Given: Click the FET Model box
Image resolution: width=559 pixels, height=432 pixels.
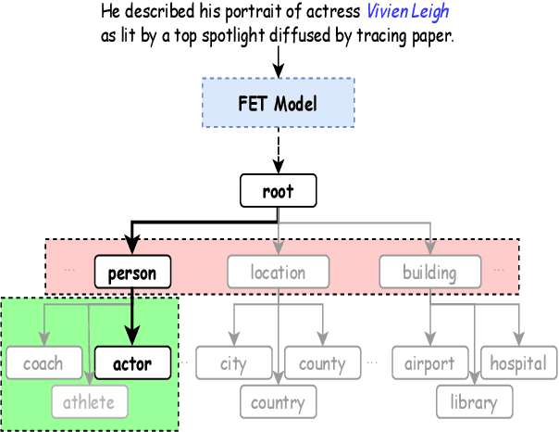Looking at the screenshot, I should tap(278, 102).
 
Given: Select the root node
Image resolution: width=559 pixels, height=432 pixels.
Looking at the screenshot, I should tap(278, 192).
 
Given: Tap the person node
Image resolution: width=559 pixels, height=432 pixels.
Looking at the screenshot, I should tap(132, 273).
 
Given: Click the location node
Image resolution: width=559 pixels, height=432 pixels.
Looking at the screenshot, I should tap(278, 273).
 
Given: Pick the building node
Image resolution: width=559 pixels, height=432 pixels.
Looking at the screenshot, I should tap(429, 273).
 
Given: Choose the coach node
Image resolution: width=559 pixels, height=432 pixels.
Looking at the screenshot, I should tap(43, 363).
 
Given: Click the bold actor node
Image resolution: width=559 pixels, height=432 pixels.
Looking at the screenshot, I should tap(132, 363).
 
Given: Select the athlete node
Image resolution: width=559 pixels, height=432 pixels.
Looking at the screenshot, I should tap(89, 401).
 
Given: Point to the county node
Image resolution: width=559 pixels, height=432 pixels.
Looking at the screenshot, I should tap(322, 363).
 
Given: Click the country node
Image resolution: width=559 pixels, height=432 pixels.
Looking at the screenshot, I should tap(278, 402).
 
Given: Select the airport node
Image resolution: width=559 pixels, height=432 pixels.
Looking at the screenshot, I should tap(429, 363).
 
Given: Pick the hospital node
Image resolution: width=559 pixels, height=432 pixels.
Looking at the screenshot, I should tap(518, 363).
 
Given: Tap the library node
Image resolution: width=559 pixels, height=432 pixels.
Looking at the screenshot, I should tap(474, 402).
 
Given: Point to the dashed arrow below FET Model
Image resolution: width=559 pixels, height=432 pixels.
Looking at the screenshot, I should tap(278, 148).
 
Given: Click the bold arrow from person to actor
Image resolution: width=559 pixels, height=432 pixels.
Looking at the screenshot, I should tap(132, 315).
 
